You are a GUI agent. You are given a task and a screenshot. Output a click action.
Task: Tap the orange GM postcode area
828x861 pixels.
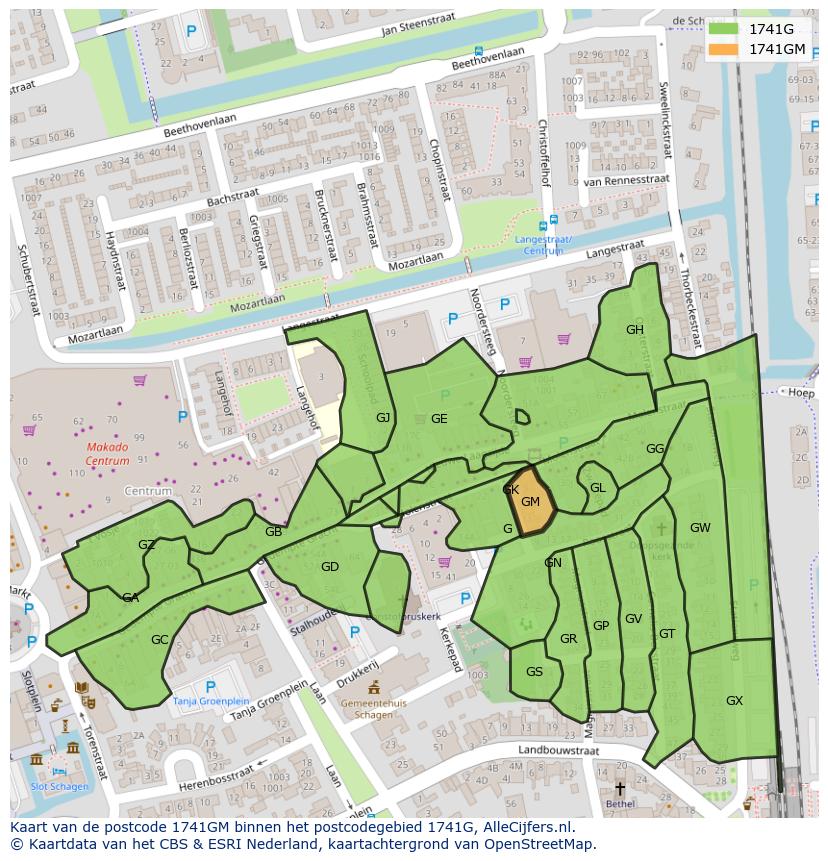[x=532, y=503]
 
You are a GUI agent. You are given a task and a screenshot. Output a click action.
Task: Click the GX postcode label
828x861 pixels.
[x=734, y=701]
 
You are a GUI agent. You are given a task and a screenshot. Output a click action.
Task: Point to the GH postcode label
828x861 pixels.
[x=634, y=330]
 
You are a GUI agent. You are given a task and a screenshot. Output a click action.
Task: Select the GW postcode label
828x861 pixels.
[x=700, y=528]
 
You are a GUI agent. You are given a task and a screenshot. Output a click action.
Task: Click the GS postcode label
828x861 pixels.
[x=534, y=672]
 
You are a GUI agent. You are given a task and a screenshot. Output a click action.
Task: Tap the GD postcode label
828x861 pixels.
[x=330, y=567]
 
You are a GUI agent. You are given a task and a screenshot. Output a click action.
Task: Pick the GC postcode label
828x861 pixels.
[x=159, y=640]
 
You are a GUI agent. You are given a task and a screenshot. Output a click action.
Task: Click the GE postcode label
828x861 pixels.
[x=439, y=419]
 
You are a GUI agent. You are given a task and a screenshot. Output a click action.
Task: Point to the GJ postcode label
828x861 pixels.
[x=383, y=418]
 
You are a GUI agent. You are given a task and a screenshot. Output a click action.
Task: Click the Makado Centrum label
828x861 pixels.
[x=107, y=454]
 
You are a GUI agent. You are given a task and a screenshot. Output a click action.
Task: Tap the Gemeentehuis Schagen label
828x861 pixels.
[x=373, y=709]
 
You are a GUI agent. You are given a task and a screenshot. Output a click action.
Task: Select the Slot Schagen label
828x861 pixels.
[x=59, y=786]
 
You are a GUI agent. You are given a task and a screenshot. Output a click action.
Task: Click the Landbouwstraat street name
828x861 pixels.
[x=557, y=749]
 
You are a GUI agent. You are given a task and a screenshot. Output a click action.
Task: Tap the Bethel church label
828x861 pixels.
[x=619, y=803]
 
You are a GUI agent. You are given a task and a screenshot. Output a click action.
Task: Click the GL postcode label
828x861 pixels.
[x=597, y=488]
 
